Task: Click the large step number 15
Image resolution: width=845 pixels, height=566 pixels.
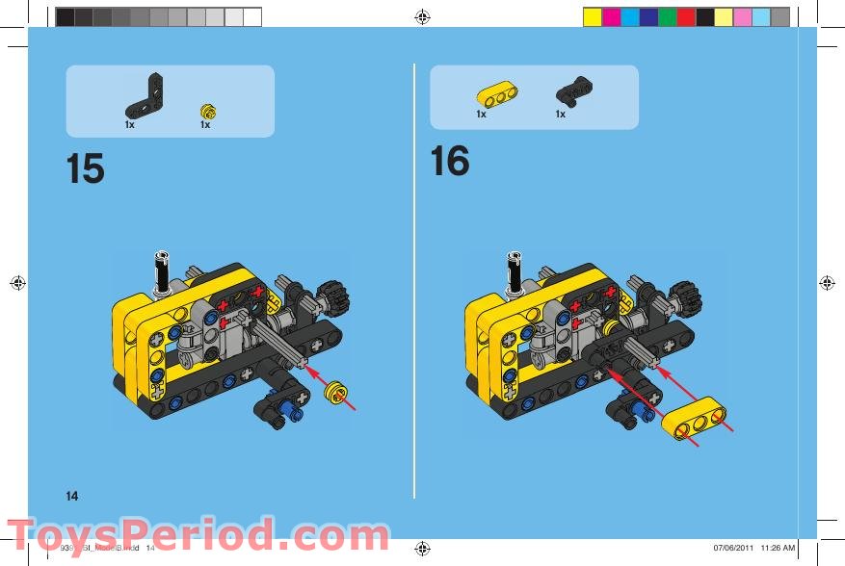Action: (x=86, y=168)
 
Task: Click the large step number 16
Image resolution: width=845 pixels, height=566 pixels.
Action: (x=449, y=161)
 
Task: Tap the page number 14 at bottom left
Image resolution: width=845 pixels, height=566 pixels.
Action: (x=72, y=496)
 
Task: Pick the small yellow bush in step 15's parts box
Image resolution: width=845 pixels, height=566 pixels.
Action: (x=205, y=108)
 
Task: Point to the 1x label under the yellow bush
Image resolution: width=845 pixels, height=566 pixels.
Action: (x=205, y=125)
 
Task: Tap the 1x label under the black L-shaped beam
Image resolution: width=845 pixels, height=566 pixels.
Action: (x=130, y=125)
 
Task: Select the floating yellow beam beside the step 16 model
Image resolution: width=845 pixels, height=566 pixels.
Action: (x=698, y=420)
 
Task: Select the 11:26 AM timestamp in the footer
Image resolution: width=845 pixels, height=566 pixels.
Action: (x=777, y=549)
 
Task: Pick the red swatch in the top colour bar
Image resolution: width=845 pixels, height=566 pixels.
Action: (x=686, y=17)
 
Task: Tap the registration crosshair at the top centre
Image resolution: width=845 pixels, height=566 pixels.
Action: (x=422, y=16)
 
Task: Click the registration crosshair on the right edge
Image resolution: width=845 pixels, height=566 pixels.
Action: (x=826, y=283)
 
